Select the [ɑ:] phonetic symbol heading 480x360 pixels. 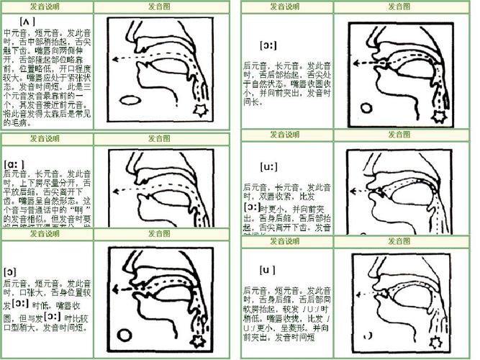point(14,163)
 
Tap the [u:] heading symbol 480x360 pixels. point(268,167)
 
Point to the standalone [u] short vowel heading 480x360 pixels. point(268,271)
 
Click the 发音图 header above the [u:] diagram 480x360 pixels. point(399,135)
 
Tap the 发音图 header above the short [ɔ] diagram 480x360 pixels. point(160,234)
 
